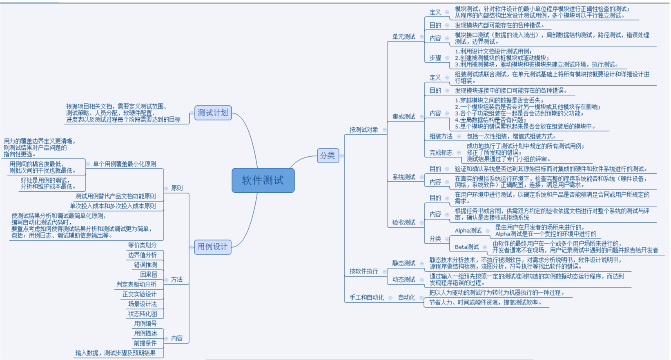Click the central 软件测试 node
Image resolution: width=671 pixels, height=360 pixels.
pyautogui.click(x=263, y=180)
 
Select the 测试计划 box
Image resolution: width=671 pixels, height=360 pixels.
pyautogui.click(x=213, y=113)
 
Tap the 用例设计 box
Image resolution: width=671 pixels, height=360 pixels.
pyautogui.click(x=212, y=247)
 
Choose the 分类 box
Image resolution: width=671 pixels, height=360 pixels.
pyautogui.click(x=328, y=156)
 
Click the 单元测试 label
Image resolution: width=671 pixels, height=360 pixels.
pyautogui.click(x=403, y=37)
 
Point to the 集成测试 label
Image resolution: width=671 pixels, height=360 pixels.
pyautogui.click(x=403, y=117)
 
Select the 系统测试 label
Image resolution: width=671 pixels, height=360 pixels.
pyautogui.click(x=403, y=177)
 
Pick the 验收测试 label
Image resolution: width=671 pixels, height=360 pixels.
pyautogui.click(x=403, y=222)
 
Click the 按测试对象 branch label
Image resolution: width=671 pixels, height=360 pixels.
pyautogui.click(x=363, y=130)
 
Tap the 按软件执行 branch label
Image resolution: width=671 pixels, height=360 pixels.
pyautogui.click(x=363, y=271)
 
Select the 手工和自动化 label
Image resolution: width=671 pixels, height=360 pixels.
pyautogui.click(x=366, y=298)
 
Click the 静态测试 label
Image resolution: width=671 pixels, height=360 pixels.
pyautogui.click(x=403, y=263)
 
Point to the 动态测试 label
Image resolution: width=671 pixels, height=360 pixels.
pyautogui.click(x=403, y=280)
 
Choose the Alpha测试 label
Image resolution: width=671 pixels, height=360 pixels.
pyautogui.click(x=468, y=231)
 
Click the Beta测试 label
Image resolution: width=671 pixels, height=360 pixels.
pyautogui.click(x=466, y=247)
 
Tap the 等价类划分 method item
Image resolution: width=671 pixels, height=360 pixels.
pyautogui.click(x=142, y=245)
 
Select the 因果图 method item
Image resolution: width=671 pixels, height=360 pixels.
pyautogui.click(x=149, y=275)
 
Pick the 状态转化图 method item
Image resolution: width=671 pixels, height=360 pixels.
pyautogui.click(x=143, y=314)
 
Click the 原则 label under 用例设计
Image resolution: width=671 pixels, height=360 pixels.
pyautogui.click(x=177, y=188)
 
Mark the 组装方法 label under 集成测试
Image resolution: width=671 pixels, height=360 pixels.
pyautogui.click(x=441, y=136)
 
